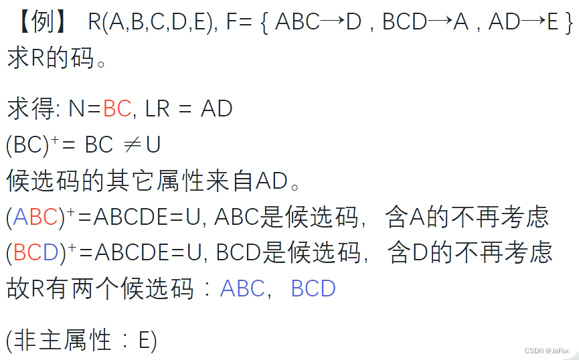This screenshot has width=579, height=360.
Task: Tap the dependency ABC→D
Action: click(x=318, y=23)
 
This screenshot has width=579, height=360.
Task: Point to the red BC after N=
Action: click(x=117, y=108)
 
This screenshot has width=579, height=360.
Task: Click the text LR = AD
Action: click(x=188, y=108)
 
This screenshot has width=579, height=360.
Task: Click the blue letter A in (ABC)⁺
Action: click(x=20, y=217)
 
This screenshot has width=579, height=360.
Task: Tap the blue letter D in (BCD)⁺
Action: click(x=51, y=252)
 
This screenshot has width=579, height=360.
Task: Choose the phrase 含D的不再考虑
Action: click(x=469, y=252)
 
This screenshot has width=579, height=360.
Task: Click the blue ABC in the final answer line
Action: click(x=242, y=288)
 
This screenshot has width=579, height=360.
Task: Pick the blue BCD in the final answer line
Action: click(x=313, y=288)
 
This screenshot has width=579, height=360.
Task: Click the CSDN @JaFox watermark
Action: click(x=547, y=351)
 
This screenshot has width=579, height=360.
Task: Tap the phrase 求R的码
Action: click(x=56, y=59)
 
